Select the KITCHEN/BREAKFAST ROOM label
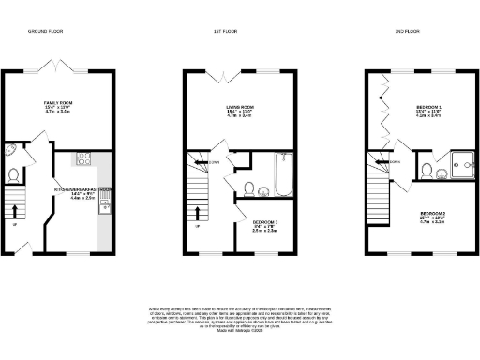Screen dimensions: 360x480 (82, 192)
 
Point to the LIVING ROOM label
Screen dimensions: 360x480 (242, 112)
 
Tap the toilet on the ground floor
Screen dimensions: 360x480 (12, 174)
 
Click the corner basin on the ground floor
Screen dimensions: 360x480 (10, 152)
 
